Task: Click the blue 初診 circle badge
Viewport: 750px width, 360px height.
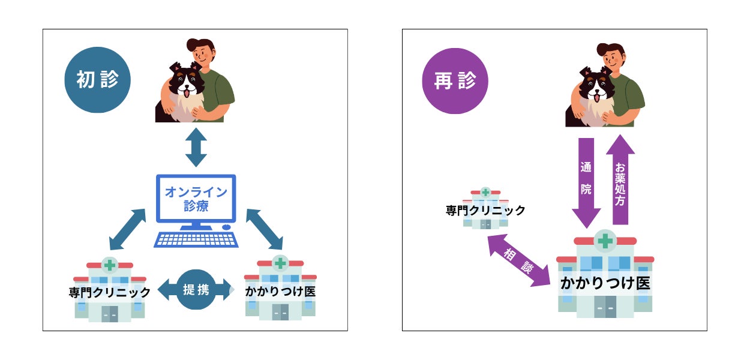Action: click(97, 80)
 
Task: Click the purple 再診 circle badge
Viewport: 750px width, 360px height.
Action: click(455, 80)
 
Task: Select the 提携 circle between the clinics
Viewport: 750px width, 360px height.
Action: click(196, 290)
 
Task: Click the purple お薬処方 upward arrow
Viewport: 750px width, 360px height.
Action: click(620, 179)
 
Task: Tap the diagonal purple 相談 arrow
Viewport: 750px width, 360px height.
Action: click(518, 260)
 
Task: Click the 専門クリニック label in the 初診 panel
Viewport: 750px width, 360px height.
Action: click(110, 293)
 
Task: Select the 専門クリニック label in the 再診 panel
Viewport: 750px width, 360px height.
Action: click(485, 211)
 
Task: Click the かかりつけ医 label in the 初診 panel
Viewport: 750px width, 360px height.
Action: click(280, 292)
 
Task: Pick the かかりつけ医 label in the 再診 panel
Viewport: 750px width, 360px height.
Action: click(605, 283)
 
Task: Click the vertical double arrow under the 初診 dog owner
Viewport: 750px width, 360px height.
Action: click(196, 146)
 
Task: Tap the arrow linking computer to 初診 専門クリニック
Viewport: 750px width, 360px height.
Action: click(128, 229)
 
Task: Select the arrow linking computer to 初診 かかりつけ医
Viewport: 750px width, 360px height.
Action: click(264, 229)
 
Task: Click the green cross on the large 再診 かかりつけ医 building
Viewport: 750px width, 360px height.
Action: click(605, 241)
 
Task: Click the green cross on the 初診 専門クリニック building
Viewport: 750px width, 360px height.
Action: click(110, 265)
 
